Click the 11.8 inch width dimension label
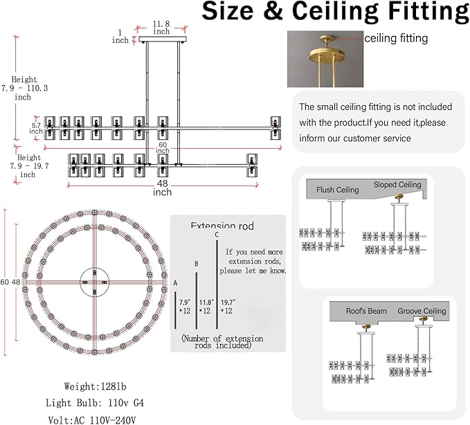click(x=161, y=28)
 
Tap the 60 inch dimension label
click(x=163, y=147)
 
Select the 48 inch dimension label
click(x=162, y=188)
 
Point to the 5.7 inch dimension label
click(x=36, y=128)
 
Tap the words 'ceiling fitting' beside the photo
click(x=396, y=38)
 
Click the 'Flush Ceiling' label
click(x=338, y=190)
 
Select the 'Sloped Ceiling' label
click(x=397, y=185)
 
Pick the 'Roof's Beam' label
click(x=366, y=311)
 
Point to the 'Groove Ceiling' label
click(x=422, y=311)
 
